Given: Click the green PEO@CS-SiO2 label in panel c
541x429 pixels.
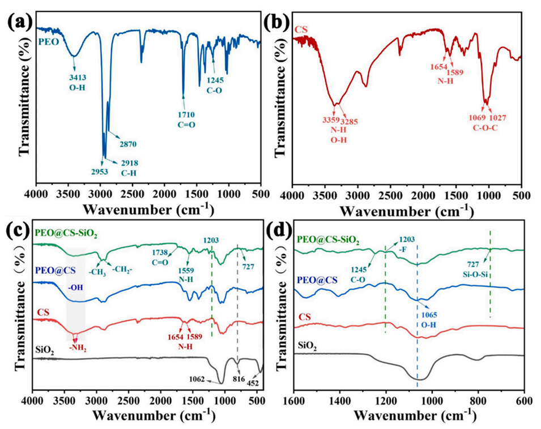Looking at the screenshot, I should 66,233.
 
